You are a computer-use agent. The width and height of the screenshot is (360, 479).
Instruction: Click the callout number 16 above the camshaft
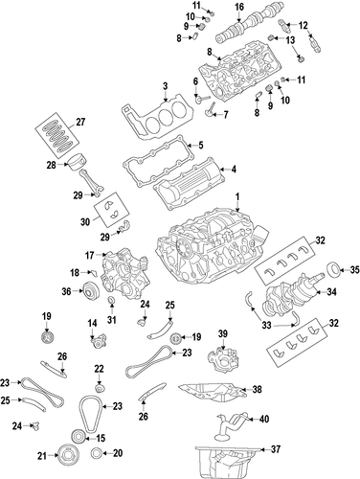[x=239, y=7]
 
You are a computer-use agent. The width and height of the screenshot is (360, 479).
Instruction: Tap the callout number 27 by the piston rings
[x=80, y=122]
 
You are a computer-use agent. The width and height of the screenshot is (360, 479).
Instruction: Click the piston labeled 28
[x=79, y=162]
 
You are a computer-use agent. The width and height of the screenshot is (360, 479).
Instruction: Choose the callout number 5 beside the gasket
[x=201, y=146]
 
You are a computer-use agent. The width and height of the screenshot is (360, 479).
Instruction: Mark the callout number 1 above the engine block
[x=237, y=195]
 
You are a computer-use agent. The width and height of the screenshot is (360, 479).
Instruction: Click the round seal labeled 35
[x=331, y=270]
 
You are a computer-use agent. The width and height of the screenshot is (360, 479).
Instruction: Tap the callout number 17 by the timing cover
[x=90, y=255]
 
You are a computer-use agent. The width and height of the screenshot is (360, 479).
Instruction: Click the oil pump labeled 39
[x=223, y=361]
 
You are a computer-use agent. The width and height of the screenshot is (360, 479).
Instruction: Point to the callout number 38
[x=257, y=389]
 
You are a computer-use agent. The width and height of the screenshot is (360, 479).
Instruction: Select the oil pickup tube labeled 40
[x=232, y=425]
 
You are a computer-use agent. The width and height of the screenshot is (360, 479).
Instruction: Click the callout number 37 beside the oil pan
[x=276, y=449]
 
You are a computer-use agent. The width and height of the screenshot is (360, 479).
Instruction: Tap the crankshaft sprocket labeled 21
[x=67, y=455]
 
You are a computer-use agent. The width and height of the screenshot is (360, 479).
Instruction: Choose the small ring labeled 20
[x=97, y=453]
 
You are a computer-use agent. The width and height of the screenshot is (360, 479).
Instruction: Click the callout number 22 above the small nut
[x=99, y=369]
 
